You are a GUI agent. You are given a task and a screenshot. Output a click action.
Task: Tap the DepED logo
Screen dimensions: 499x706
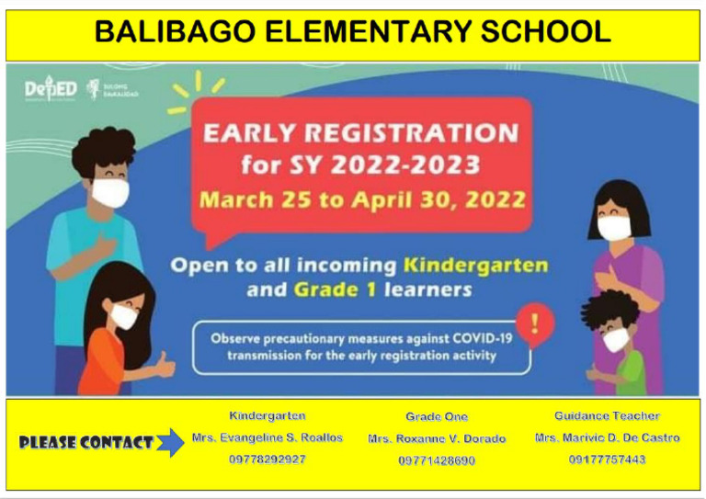click(x=50, y=90)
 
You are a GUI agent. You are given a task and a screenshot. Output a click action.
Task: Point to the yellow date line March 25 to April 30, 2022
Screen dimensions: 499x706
click(x=363, y=199)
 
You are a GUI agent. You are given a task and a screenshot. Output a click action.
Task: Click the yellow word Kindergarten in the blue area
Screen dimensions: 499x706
click(x=475, y=266)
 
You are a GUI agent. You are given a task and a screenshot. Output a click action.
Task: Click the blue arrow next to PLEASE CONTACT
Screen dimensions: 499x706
click(x=170, y=442)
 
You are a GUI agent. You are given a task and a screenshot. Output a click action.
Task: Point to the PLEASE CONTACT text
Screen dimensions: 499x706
click(x=85, y=443)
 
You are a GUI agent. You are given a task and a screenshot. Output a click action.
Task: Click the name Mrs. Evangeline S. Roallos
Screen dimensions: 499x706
click(x=268, y=437)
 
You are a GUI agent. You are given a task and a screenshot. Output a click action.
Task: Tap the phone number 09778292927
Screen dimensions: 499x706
click(x=268, y=459)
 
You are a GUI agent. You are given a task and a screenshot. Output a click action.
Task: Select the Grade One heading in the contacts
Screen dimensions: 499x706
click(x=437, y=417)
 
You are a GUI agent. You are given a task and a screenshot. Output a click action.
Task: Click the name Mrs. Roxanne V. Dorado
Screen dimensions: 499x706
click(x=437, y=439)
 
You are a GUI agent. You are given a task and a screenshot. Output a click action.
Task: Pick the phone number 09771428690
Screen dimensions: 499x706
click(x=437, y=460)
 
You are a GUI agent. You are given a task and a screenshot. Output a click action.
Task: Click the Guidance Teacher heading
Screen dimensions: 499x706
click(x=607, y=416)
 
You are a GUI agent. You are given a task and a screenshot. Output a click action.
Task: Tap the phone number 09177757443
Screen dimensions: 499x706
click(x=607, y=459)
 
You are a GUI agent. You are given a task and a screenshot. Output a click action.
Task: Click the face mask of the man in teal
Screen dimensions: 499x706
click(x=110, y=193)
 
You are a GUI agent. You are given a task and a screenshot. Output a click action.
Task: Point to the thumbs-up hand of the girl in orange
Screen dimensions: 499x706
click(x=165, y=366)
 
